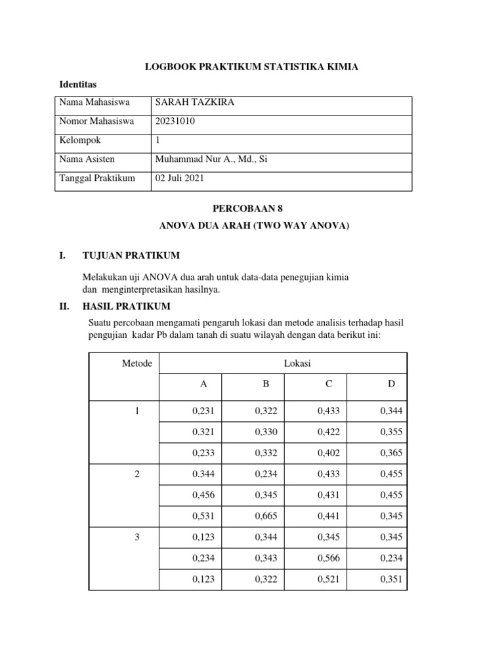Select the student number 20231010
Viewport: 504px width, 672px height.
pos(175,121)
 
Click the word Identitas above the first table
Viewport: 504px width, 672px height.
pos(78,85)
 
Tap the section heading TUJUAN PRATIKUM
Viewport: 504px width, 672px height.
pos(131,255)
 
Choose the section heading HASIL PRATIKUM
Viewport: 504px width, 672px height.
pos(126,306)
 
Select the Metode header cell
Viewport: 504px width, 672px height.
pos(137,363)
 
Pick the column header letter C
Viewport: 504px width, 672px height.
pos(328,384)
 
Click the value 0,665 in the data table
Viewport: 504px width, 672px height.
pos(266,516)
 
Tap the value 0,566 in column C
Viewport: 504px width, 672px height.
pos(328,558)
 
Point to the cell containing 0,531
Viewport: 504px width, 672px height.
pos(203,516)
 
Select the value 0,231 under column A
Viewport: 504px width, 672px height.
pos(203,411)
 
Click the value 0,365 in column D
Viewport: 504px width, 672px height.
pos(391,453)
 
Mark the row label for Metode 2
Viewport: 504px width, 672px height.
pos(137,474)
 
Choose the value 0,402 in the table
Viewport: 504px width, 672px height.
pos(328,453)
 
